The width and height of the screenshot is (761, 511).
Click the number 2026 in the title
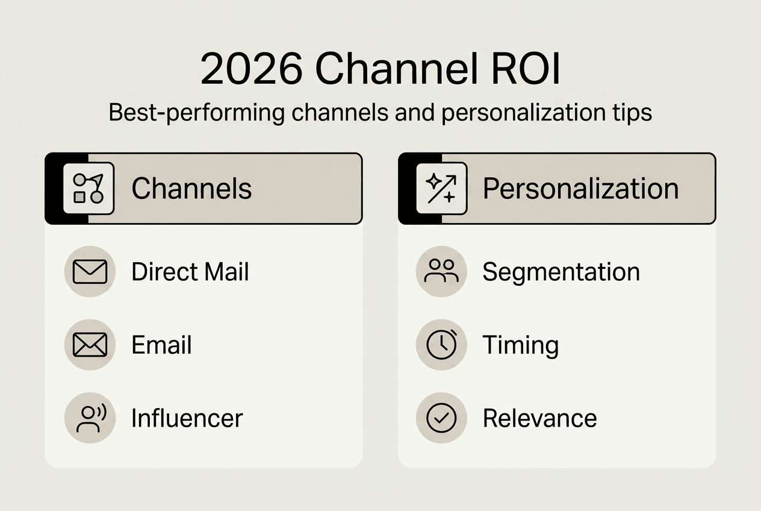tap(250, 70)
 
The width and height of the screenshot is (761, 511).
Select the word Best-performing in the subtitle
tap(196, 113)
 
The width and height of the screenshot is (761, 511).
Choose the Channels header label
tap(191, 189)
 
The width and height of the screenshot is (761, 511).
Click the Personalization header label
tap(580, 189)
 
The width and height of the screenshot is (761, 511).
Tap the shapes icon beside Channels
tap(89, 189)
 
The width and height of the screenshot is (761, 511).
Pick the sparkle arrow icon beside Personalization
tap(441, 189)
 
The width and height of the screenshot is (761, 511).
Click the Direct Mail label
tap(190, 272)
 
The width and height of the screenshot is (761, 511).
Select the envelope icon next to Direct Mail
tap(89, 272)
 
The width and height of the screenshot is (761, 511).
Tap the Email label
tap(161, 345)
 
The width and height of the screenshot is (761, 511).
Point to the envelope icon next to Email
tap(89, 345)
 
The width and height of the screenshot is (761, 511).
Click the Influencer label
tap(187, 418)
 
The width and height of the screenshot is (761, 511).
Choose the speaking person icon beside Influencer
tap(89, 418)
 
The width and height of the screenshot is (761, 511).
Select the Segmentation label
tap(561, 272)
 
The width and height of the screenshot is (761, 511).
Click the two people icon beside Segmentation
tap(441, 272)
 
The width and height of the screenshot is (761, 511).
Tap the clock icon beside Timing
tap(441, 345)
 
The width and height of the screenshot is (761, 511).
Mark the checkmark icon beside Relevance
tap(441, 418)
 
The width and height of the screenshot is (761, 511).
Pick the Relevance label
tap(539, 418)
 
